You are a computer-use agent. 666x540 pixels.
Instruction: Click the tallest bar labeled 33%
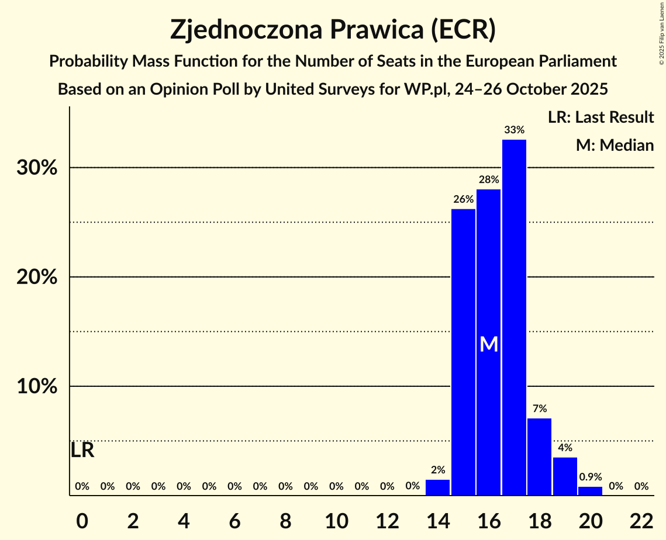514,317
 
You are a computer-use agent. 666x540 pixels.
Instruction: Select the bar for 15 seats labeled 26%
463,352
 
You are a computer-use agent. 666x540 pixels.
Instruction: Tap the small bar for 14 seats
437,487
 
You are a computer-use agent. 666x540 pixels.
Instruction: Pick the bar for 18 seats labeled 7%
539,456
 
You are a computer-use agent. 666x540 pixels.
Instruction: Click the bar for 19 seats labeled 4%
565,476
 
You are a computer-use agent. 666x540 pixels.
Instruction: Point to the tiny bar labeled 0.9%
590,491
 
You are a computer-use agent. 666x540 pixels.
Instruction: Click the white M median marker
489,344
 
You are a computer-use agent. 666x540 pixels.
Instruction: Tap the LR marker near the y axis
82,451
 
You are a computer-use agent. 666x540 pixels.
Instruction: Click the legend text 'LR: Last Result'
601,117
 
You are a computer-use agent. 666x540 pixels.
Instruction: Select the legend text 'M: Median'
615,145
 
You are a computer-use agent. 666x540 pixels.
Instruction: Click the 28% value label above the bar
489,180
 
